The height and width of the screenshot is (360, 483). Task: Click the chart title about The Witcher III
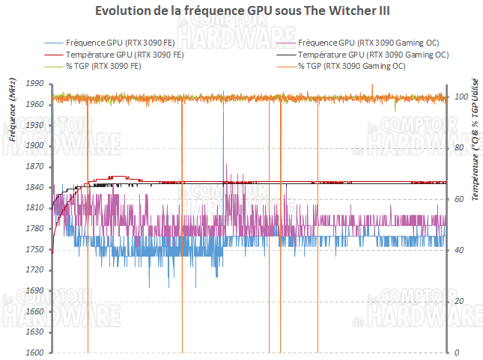click(241, 11)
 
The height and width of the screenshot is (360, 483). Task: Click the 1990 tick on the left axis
click(34, 85)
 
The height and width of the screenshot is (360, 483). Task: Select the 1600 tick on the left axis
click(34, 353)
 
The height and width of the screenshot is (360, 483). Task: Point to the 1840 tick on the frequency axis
click(34, 188)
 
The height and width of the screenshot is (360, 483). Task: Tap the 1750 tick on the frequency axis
click(34, 249)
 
